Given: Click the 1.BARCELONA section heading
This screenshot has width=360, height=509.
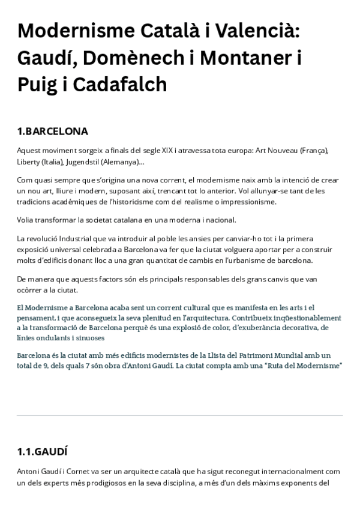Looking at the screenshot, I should (53, 131).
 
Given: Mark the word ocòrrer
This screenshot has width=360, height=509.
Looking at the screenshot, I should (31, 290).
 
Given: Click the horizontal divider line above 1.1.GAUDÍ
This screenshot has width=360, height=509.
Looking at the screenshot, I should (180, 415).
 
